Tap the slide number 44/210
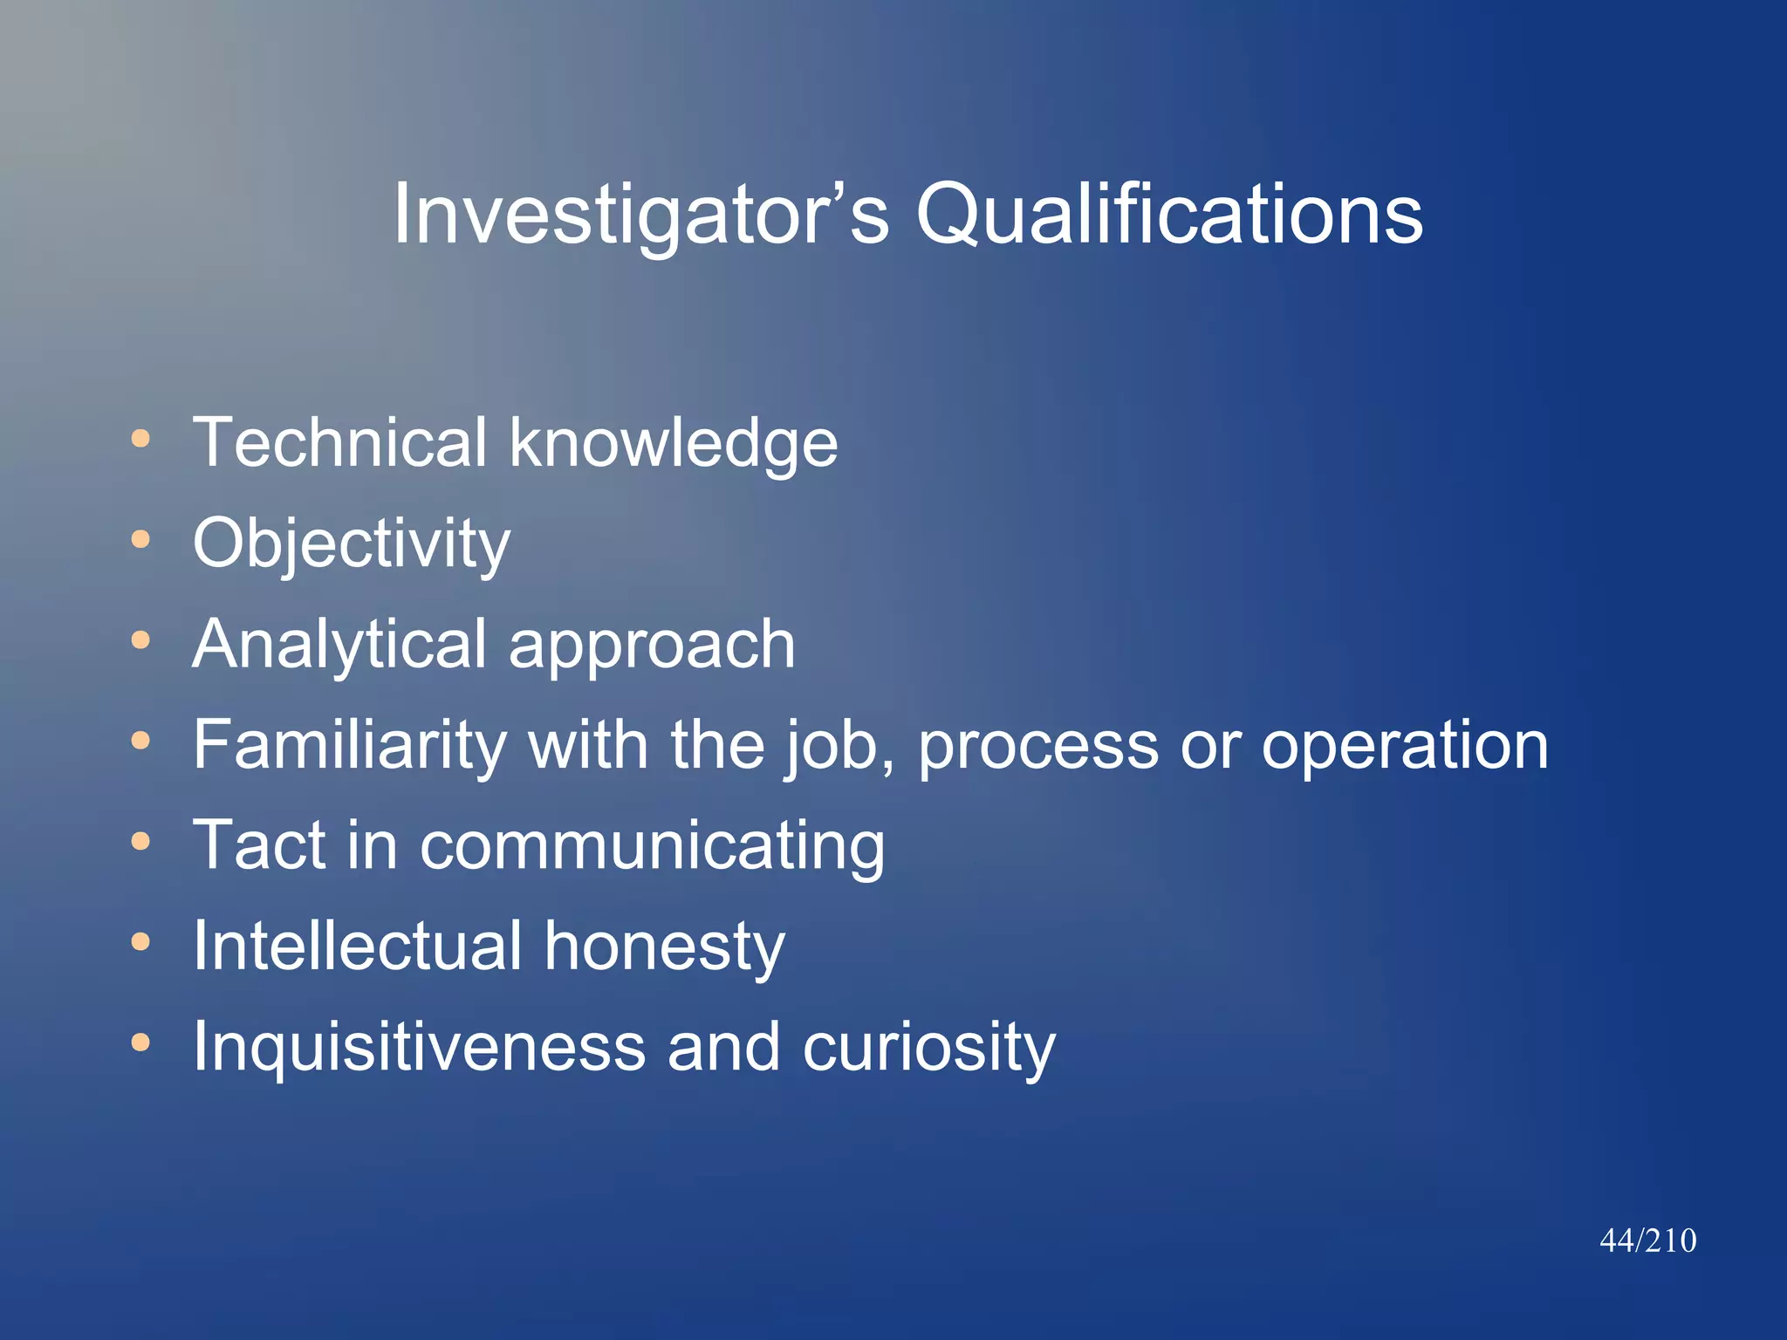pyautogui.click(x=1647, y=1241)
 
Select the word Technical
pyautogui.click(x=339, y=442)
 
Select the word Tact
pyautogui.click(x=258, y=844)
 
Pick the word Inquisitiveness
pyautogui.click(x=419, y=1047)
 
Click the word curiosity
pyautogui.click(x=928, y=1047)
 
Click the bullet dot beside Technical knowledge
pyautogui.click(x=140, y=439)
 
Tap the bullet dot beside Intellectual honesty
pyautogui.click(x=140, y=942)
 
